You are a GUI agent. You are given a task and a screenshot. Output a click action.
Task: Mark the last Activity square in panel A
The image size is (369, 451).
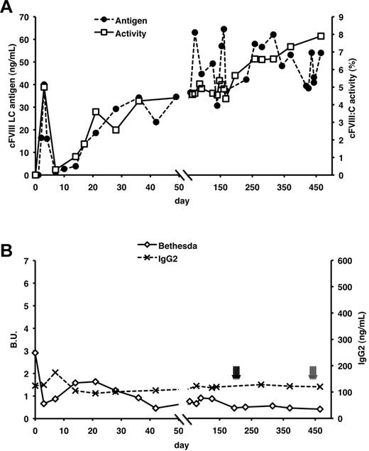click(x=321, y=36)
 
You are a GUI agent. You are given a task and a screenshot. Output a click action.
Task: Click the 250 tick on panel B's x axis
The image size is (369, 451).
click(x=252, y=425)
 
